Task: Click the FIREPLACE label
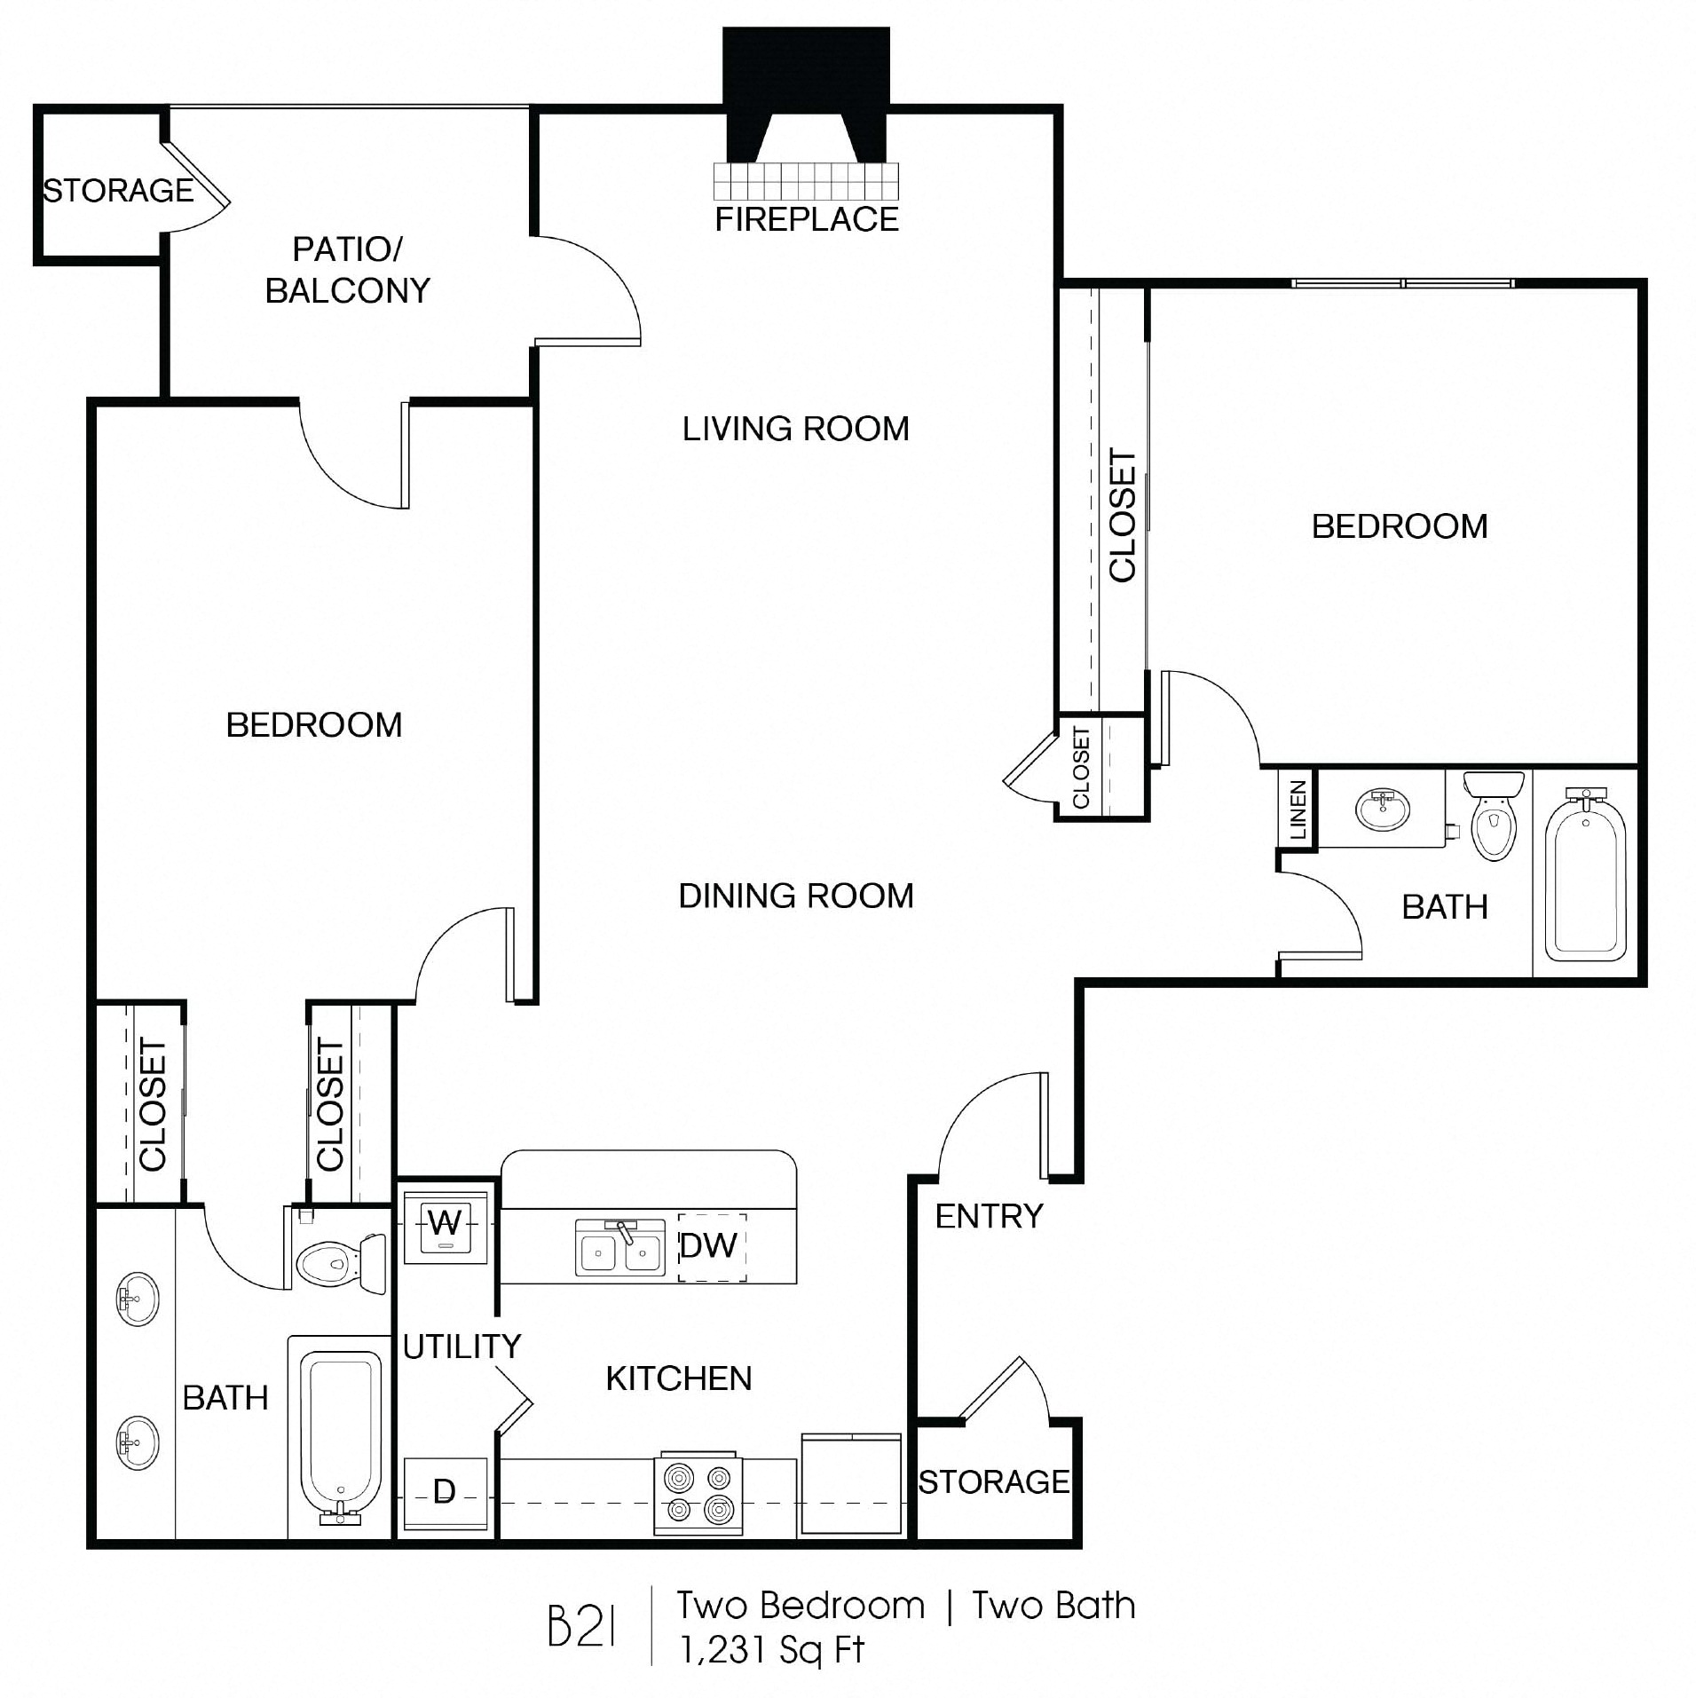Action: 806,219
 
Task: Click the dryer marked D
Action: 445,1492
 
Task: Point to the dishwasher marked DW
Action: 708,1246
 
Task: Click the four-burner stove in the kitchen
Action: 698,1493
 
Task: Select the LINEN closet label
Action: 1298,810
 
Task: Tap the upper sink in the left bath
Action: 138,1300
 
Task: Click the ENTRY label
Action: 989,1216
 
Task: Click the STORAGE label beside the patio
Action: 118,190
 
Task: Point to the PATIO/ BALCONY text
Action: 347,270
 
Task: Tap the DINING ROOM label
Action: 795,896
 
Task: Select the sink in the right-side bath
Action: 1383,810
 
